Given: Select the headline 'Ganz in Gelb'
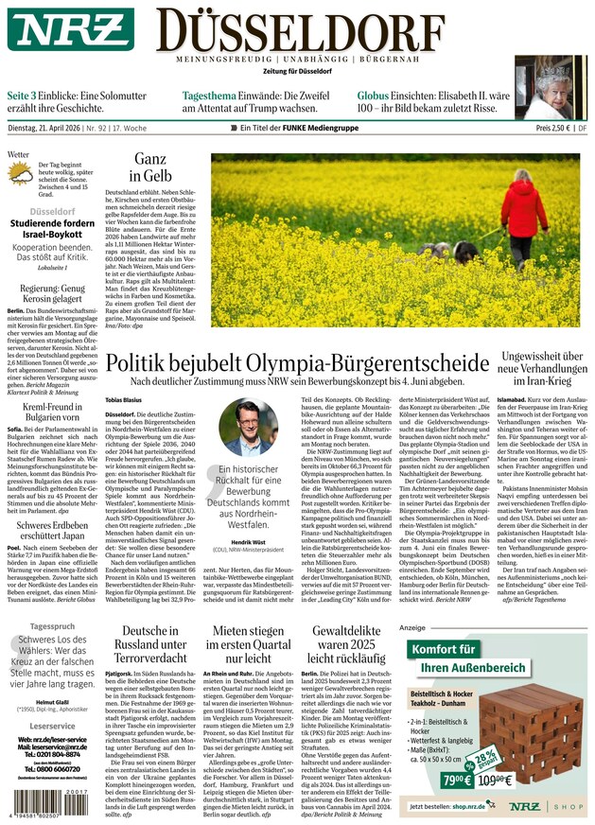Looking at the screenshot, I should (150, 167).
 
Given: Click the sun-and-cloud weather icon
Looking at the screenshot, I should (21, 175).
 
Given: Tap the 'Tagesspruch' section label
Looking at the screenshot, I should (52, 626).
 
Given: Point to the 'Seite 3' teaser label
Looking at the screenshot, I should (25, 97).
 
